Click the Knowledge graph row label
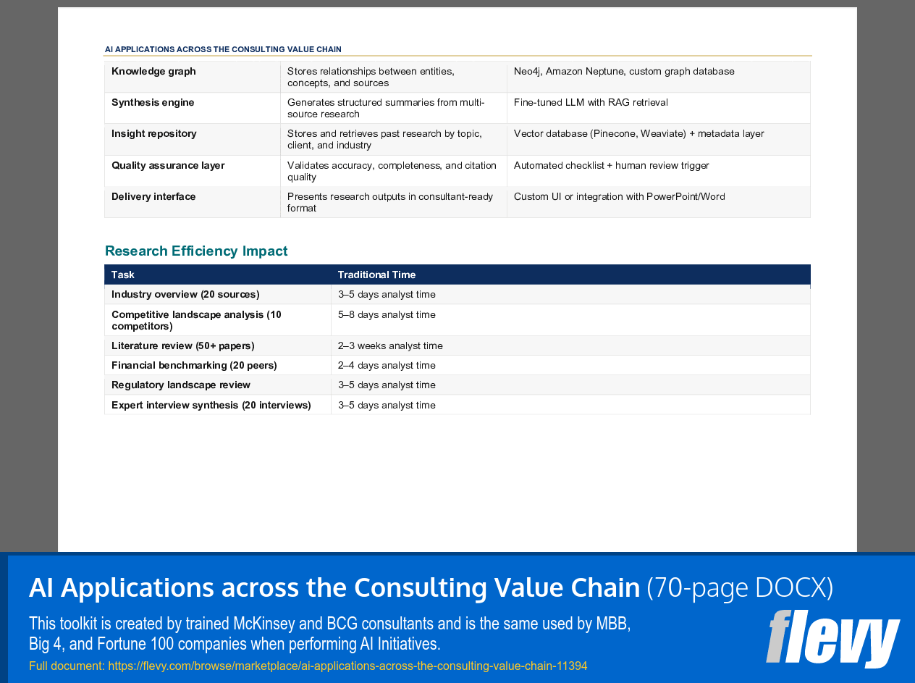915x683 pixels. click(x=153, y=72)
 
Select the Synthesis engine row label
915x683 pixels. click(x=153, y=103)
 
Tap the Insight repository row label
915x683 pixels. click(x=154, y=134)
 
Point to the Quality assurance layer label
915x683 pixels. click(x=168, y=166)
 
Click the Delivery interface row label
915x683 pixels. click(x=153, y=197)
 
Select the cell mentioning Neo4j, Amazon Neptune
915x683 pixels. click(x=624, y=72)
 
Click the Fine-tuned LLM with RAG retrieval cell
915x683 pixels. click(x=591, y=103)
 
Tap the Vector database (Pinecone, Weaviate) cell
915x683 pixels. click(x=638, y=134)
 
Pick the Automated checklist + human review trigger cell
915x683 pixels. click(x=611, y=166)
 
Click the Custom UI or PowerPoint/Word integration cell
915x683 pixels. click(x=619, y=197)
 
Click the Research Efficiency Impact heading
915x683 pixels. click(x=196, y=251)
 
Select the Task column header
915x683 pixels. click(x=123, y=275)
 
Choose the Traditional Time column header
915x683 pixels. click(x=376, y=275)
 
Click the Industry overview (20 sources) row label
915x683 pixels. click(x=185, y=295)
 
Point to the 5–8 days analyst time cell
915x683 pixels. click(x=387, y=315)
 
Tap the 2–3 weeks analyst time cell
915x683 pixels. click(x=390, y=346)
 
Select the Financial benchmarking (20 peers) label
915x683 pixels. click(x=194, y=366)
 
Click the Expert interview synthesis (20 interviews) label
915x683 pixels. click(x=211, y=406)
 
